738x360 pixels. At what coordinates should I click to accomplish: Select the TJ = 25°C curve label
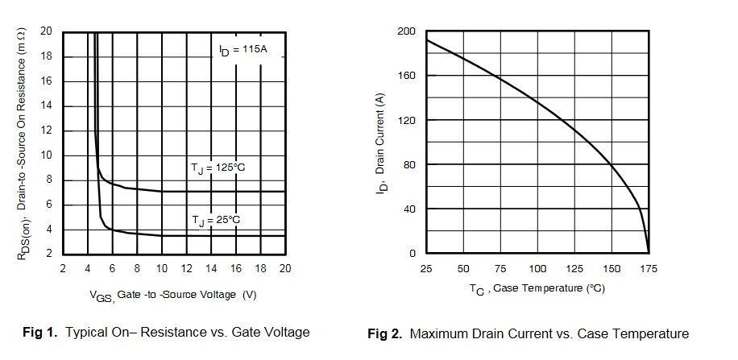click(216, 219)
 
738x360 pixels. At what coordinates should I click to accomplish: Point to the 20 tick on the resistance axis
click(46, 31)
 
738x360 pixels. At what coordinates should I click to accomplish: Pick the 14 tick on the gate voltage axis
click(211, 268)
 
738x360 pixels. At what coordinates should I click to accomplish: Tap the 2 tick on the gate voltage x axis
click(63, 268)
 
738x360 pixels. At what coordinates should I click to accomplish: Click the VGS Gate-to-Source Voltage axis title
click(172, 296)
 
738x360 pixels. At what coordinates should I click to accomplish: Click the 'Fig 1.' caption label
click(39, 332)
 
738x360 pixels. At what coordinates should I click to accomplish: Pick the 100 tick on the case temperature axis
click(537, 267)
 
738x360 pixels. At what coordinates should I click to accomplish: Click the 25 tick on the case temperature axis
click(426, 267)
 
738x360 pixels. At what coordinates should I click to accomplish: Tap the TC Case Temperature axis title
click(537, 289)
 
